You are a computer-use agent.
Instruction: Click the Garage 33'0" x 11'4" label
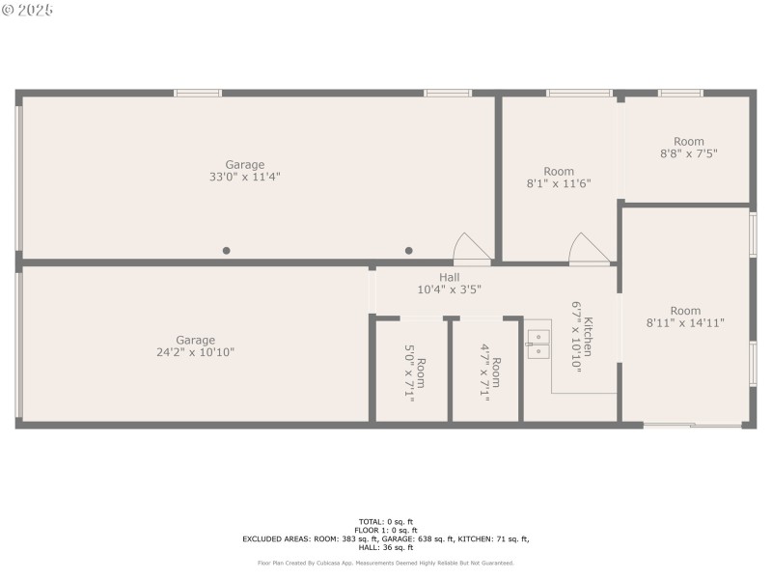click(x=245, y=171)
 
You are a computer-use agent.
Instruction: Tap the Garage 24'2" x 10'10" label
click(x=195, y=346)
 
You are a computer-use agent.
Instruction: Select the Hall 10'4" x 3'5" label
click(x=449, y=284)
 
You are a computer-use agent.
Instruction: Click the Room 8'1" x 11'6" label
click(x=558, y=178)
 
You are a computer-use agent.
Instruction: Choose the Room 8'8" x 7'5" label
click(x=688, y=148)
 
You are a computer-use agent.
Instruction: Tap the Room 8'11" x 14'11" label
click(x=685, y=317)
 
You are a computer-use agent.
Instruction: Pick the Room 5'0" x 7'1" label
click(x=414, y=372)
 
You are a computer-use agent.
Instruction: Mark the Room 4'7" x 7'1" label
click(x=489, y=372)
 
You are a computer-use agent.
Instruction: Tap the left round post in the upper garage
click(x=227, y=251)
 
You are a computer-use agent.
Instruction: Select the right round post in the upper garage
click(x=408, y=251)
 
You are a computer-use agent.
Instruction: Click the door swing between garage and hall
click(x=473, y=249)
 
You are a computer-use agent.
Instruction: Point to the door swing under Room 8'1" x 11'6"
click(x=588, y=249)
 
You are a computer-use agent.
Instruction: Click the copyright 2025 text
click(x=28, y=10)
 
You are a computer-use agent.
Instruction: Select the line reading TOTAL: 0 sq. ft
click(x=385, y=522)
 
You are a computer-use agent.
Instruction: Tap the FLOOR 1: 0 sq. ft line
click(x=385, y=531)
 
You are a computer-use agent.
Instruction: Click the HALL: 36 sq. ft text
click(x=385, y=547)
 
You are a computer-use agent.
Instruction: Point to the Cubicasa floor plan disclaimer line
click(x=385, y=563)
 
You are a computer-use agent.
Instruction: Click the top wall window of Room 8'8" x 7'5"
click(x=680, y=93)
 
